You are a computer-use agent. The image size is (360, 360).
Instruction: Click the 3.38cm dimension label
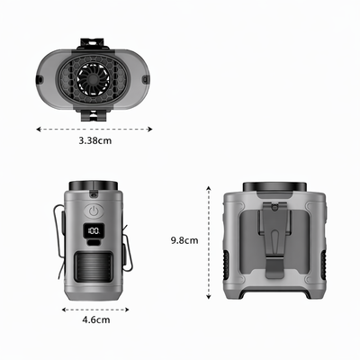[93, 139]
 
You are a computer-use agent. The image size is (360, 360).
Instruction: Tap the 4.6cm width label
[95, 319]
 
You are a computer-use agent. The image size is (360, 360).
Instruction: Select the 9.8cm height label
[184, 240]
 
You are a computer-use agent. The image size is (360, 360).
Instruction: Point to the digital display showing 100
[94, 233]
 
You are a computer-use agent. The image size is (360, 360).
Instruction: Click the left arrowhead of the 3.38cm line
[38, 129]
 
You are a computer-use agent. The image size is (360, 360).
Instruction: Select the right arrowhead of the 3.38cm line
[149, 129]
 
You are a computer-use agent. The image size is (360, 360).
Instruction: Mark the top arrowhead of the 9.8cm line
[209, 187]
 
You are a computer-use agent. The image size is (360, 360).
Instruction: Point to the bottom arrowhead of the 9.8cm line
[209, 297]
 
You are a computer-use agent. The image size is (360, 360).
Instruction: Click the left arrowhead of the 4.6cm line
[63, 308]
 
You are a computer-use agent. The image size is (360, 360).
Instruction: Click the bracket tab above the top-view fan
[94, 41]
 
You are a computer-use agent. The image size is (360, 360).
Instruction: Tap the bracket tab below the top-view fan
[94, 115]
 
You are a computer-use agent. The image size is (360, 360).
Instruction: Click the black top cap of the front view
[94, 186]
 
